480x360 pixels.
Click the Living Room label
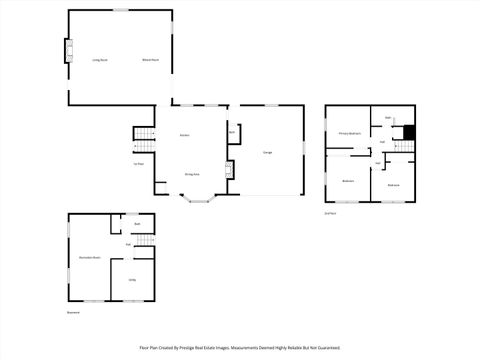pos(101,60)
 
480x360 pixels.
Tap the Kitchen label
pos(185,135)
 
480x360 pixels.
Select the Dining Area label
pos(192,173)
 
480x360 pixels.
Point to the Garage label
pos(268,152)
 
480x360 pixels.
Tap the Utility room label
pos(132,279)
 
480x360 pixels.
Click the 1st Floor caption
pos(140,164)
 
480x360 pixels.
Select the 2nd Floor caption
pos(330,213)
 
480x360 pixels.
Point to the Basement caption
pos(73,312)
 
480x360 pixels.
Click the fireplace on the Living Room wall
pos(69,51)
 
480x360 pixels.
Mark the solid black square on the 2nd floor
pos(408,132)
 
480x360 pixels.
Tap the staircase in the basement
pos(146,240)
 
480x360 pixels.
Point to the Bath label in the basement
pos(137,224)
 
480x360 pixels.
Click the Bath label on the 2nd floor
pos(388,117)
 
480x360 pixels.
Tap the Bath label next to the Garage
pos(232,132)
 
